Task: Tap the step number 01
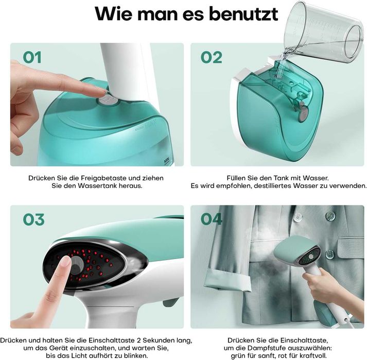tap(32, 57)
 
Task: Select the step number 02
tap(211, 57)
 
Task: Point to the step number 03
tap(33, 220)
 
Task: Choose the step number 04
tap(212, 220)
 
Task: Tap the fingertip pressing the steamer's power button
tap(64, 263)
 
